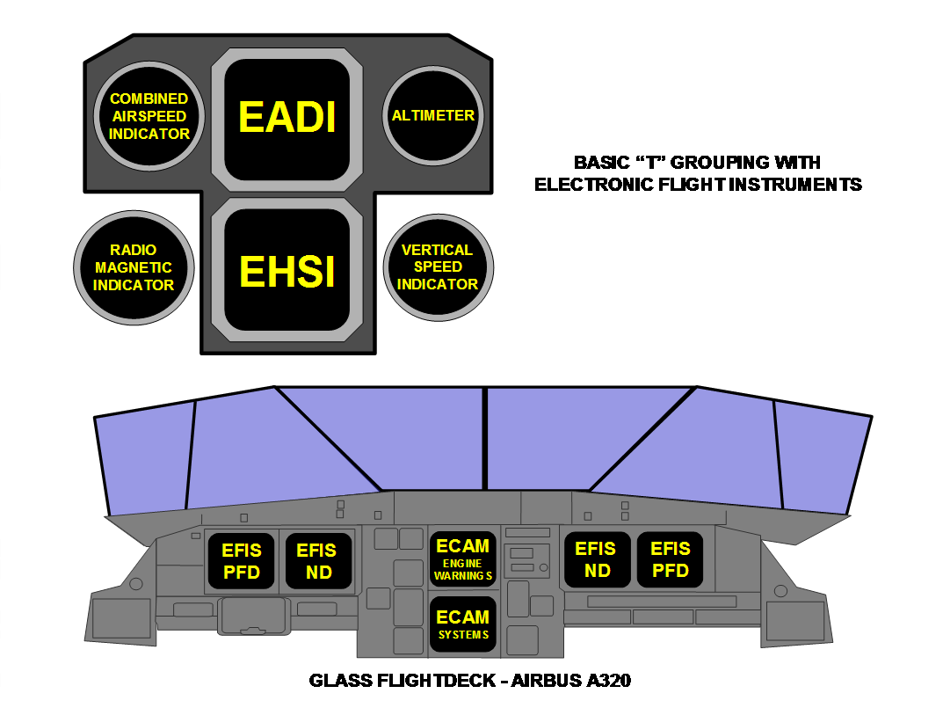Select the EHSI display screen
click(x=287, y=270)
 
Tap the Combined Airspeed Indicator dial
click(x=149, y=116)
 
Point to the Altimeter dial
click(x=432, y=115)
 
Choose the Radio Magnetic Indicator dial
click(x=134, y=267)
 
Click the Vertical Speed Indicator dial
click(x=437, y=267)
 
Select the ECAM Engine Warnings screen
click(x=462, y=559)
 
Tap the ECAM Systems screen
click(x=462, y=624)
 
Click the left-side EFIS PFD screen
click(x=242, y=560)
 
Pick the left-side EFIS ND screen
click(x=316, y=560)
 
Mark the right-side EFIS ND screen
click(x=596, y=559)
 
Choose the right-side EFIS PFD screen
click(x=671, y=559)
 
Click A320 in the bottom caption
click(x=611, y=681)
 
